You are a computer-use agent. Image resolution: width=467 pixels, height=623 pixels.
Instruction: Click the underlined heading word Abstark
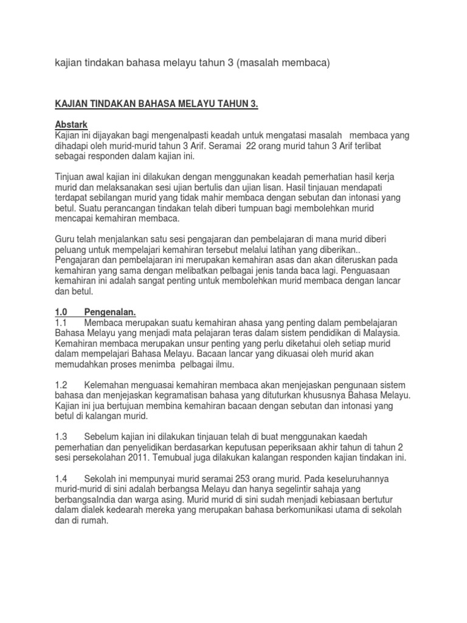click(71, 125)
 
